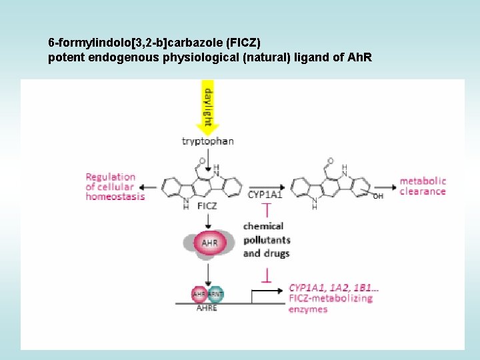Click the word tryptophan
[x=208, y=141]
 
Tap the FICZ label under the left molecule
[x=207, y=207]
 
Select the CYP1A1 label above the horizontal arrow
[x=265, y=195]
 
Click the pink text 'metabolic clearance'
[x=422, y=186]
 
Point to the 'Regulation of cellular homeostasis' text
[x=115, y=187]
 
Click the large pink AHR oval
[x=209, y=243]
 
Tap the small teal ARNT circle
[x=215, y=293]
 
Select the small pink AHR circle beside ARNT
[x=199, y=293]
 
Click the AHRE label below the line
[x=207, y=309]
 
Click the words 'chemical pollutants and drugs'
[x=266, y=240]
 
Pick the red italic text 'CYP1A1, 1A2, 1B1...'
[x=334, y=288]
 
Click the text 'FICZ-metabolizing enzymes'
[x=330, y=304]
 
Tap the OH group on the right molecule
[x=378, y=196]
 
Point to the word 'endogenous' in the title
[x=115, y=57]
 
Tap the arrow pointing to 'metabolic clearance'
[x=385, y=186]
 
